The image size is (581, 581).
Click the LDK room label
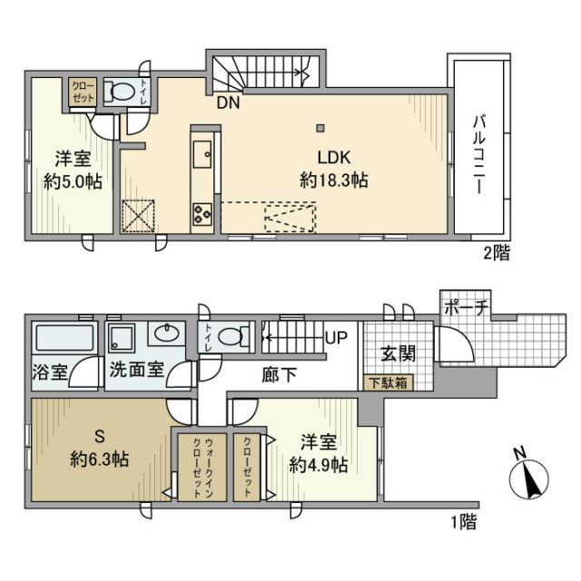click(333, 154)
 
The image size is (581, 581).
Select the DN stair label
click(228, 103)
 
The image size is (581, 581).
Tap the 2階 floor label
click(496, 253)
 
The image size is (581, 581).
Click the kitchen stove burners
click(202, 215)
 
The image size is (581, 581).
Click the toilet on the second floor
click(119, 92)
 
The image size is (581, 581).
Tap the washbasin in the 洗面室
click(166, 334)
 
